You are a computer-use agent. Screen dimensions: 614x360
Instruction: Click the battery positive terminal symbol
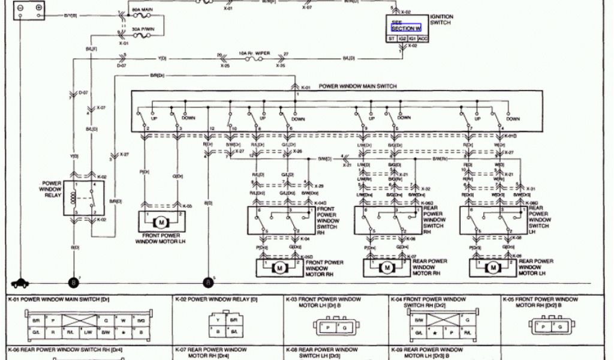coord(39,7)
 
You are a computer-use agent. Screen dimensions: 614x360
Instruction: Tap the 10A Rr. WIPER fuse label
coord(255,53)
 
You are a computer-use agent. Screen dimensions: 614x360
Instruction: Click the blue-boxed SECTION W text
coord(407,28)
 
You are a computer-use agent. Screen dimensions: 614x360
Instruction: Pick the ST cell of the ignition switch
coord(392,38)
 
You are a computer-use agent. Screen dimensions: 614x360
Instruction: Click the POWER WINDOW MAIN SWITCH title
coord(357,86)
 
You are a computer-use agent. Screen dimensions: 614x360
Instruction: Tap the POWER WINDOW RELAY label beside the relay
coord(52,190)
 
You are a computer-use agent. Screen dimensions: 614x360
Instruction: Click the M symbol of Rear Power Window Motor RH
coord(387,267)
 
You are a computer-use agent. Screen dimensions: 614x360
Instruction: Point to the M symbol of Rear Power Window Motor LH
coord(493,267)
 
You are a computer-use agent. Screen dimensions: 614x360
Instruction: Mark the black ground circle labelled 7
coord(74,282)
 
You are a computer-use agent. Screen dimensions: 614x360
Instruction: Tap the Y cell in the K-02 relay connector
coord(218,320)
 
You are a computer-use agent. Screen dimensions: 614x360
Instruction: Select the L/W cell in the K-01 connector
coord(88,332)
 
